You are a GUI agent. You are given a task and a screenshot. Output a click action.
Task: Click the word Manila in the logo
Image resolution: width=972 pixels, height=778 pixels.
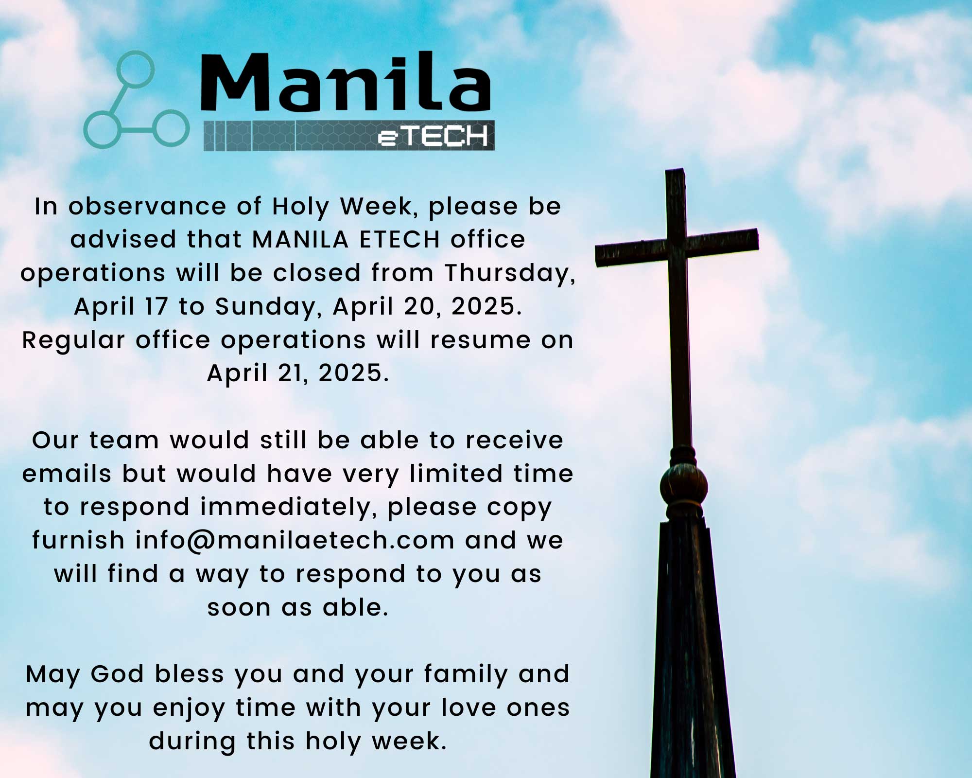346,81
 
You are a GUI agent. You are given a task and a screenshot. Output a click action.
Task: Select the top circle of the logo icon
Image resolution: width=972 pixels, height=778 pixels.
136,69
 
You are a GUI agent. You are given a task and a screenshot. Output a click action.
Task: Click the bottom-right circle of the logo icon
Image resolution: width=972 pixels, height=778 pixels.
171,129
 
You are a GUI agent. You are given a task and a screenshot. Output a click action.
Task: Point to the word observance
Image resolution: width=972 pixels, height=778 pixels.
147,207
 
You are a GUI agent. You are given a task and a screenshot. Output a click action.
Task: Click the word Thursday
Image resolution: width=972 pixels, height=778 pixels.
510,273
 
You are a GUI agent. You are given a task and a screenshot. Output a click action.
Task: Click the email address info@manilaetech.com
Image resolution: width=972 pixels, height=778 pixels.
295,541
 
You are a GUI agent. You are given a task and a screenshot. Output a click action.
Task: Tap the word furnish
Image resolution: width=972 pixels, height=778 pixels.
78,540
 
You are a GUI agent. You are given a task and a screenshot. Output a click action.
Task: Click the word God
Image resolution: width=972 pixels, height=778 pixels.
117,674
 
